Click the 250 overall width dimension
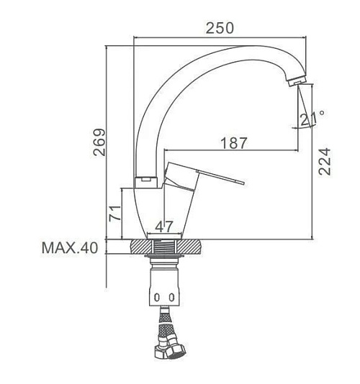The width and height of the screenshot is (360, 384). click(x=220, y=28)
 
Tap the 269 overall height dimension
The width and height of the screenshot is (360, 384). click(x=99, y=142)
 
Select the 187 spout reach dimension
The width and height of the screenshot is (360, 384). click(x=234, y=143)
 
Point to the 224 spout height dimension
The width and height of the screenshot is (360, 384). click(x=324, y=161)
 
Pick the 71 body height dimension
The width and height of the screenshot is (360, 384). click(x=114, y=214)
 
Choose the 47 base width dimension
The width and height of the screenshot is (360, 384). click(x=164, y=227)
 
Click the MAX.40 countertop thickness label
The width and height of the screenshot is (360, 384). click(x=70, y=247)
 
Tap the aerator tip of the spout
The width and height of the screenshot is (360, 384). click(x=297, y=81)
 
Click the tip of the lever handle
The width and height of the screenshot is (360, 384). click(x=243, y=183)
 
